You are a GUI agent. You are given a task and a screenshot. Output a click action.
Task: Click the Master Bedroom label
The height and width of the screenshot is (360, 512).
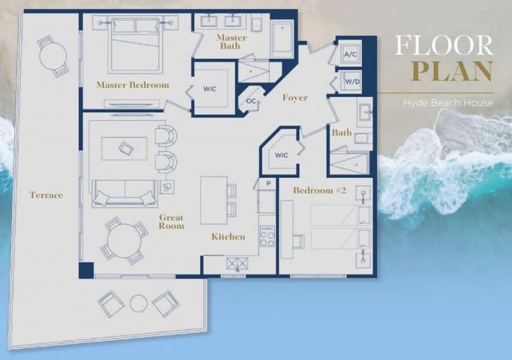(132, 85)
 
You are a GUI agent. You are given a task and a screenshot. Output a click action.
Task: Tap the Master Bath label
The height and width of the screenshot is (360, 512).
(232, 42)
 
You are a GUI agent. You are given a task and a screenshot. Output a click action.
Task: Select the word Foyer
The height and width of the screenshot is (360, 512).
(295, 98)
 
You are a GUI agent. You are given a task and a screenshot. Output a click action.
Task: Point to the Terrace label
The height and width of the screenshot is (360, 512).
(46, 195)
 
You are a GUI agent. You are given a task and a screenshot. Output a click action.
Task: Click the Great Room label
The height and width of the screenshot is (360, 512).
(171, 221)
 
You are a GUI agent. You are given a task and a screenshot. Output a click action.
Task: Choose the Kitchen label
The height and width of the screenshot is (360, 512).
(228, 236)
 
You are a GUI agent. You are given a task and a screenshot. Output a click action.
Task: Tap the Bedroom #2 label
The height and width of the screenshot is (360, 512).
(316, 190)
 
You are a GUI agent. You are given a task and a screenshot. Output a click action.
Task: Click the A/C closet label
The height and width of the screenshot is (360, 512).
(350, 54)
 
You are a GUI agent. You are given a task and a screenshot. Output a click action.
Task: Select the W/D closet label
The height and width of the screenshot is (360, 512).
(351, 82)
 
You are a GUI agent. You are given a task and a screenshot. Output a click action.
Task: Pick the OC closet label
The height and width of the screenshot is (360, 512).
(251, 101)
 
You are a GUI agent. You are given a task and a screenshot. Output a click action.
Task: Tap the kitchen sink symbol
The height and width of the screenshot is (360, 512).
(235, 263)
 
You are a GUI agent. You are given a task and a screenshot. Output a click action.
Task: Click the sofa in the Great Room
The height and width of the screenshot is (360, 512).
(125, 194)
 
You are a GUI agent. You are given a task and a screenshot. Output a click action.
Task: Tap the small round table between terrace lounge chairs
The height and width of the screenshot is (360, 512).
(139, 303)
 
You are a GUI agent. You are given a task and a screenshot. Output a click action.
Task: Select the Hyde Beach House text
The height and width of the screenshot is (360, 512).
(448, 102)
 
